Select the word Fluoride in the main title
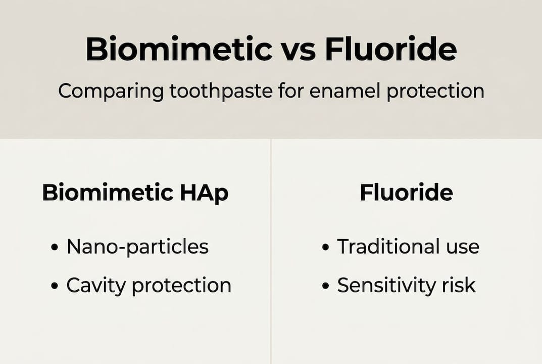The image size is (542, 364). [391, 50]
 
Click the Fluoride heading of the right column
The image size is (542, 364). [406, 193]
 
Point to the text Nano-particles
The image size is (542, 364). [137, 247]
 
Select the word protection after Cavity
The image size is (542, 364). [181, 286]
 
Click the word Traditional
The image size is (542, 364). [389, 247]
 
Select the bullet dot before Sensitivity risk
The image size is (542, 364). [326, 287]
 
